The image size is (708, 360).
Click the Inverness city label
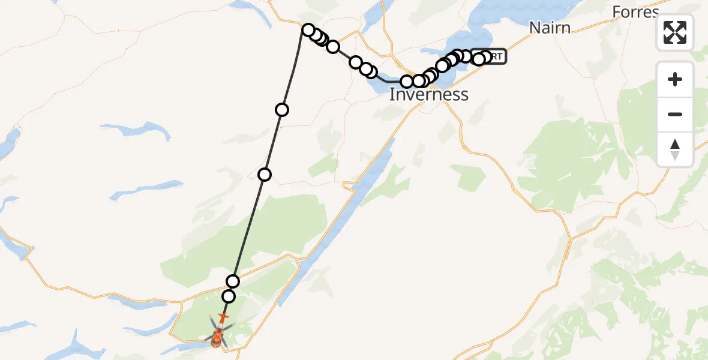428,94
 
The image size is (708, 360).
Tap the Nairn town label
550,28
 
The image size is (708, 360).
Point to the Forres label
635,12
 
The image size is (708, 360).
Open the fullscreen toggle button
675,32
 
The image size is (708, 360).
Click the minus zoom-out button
675,114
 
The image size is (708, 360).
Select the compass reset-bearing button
675,149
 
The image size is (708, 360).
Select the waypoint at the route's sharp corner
308,30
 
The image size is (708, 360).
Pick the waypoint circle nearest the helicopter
228,296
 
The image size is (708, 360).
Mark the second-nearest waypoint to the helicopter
233,281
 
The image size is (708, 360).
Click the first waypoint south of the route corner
282,109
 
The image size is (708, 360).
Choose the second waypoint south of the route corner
265,175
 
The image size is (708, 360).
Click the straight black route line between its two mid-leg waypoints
273,142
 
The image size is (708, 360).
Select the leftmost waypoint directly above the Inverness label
407,82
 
